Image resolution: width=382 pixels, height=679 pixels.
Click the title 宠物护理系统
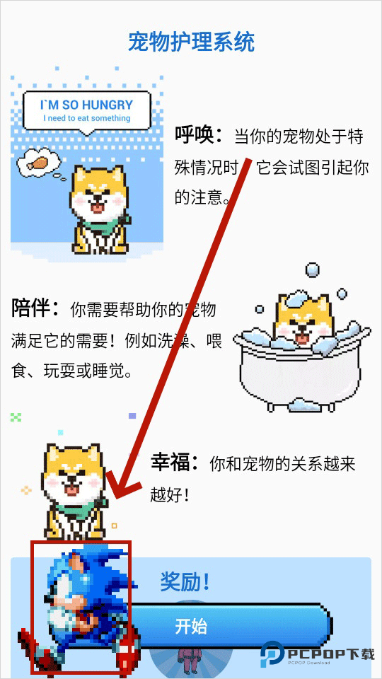click(x=191, y=42)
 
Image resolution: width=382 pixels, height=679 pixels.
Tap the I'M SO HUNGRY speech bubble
click(x=87, y=110)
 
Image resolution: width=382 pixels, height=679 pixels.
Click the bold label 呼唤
click(x=199, y=134)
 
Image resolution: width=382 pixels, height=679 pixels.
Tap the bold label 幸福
click(x=174, y=463)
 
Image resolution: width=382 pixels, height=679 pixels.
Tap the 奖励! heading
click(x=185, y=582)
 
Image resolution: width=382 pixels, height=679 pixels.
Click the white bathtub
click(x=297, y=375)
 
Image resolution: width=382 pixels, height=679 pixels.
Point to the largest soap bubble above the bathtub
click(x=311, y=269)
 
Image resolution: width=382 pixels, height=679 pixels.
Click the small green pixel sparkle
click(x=16, y=417)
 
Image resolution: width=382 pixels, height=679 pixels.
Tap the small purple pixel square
click(x=132, y=417)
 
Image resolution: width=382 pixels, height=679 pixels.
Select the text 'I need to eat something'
click(x=87, y=118)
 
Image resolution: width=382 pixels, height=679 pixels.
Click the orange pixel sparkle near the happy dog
click(x=26, y=490)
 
